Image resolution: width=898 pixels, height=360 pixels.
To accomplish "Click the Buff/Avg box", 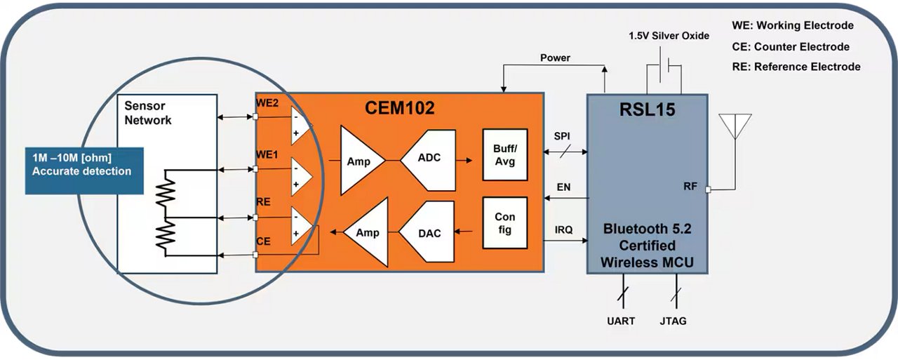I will pos(504,155).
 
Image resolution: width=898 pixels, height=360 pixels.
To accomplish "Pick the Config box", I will pos(504,222).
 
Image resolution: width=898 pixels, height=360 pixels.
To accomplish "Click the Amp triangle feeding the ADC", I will pos(360,161).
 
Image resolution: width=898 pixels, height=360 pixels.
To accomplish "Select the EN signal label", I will pos(563,187).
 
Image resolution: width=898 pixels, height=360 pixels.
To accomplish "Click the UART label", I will pos(620,321).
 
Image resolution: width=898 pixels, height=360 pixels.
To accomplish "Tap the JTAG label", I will pos(672,321).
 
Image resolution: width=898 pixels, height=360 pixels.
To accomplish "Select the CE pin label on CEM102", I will pos(263,241).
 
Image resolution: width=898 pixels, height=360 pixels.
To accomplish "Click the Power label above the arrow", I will pos(555,58).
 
